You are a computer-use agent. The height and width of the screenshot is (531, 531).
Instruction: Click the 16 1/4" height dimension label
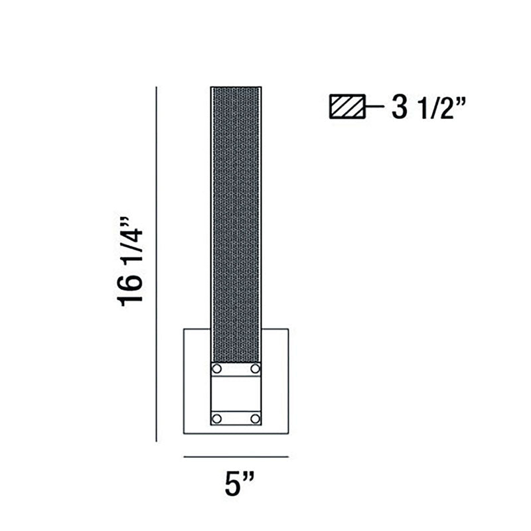pos(129,261)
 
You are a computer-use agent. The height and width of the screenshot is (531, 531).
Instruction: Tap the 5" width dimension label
pos(240,484)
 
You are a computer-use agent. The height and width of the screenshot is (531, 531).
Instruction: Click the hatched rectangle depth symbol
pos(347,106)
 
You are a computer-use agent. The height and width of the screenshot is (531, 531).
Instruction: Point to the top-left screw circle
pos(217,368)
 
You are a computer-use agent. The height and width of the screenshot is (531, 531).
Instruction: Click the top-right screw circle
pos(255,368)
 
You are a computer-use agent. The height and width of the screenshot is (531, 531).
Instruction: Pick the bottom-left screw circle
pos(217,419)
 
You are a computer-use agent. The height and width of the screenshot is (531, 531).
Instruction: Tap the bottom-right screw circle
pos(255,419)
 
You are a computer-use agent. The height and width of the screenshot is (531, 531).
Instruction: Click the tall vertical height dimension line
pos(156,264)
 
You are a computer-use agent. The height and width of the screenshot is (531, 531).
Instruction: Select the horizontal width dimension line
pos(236,457)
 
